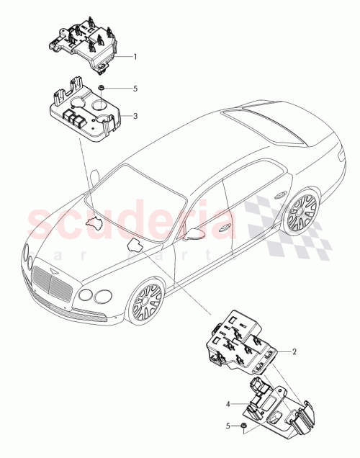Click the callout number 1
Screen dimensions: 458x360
coord(134,56)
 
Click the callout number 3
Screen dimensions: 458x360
coord(134,114)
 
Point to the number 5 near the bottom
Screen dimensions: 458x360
coord(228,426)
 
